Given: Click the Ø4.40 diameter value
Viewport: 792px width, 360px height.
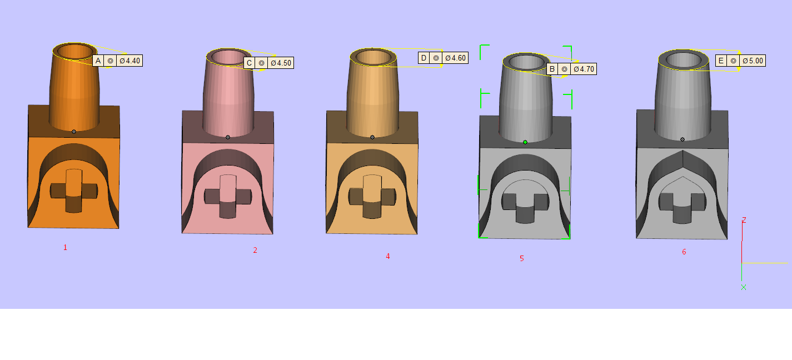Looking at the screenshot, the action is pos(129,61).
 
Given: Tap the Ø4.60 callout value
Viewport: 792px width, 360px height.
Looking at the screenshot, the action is pos(455,58).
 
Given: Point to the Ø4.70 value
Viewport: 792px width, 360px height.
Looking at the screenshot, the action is pos(584,69).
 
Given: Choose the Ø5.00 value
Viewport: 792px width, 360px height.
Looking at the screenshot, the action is pos(753,61).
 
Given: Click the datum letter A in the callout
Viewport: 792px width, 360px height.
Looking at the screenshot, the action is pos(98,61).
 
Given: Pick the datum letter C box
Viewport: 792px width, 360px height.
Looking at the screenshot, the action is pos(249,63).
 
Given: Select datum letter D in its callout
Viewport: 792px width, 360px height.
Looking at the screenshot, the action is pos(424,58).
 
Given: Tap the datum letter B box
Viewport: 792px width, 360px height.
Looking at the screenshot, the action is pos(552,69).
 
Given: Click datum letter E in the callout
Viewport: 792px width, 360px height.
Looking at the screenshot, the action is pos(721,61).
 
